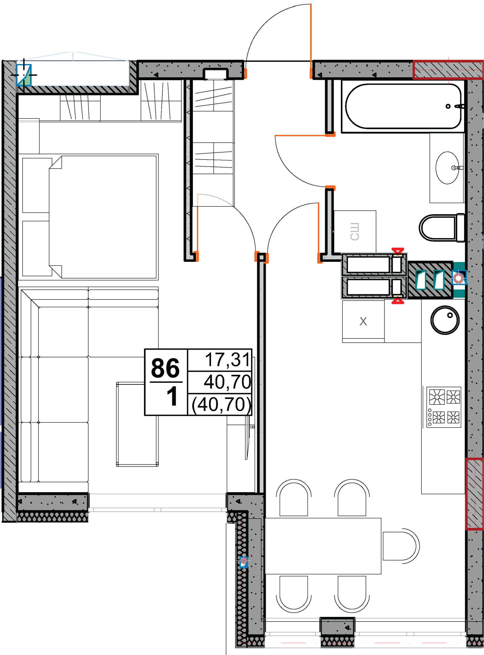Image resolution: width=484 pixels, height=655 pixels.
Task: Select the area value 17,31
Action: (x=227, y=360)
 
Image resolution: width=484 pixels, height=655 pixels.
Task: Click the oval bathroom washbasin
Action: (x=447, y=168)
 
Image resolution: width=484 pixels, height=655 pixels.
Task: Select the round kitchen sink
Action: (x=445, y=320)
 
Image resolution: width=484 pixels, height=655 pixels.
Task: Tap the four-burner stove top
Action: (x=444, y=407)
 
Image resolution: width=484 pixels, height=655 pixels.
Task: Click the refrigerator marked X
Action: (x=363, y=321)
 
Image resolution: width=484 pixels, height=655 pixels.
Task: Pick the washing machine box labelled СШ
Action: (x=355, y=232)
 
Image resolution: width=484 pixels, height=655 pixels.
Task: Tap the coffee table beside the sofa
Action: (x=137, y=424)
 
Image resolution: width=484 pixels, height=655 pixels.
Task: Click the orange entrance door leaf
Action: (x=311, y=41)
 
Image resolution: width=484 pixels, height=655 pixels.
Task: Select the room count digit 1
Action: (x=172, y=396)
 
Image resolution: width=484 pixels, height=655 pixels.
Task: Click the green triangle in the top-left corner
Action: (x=27, y=79)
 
